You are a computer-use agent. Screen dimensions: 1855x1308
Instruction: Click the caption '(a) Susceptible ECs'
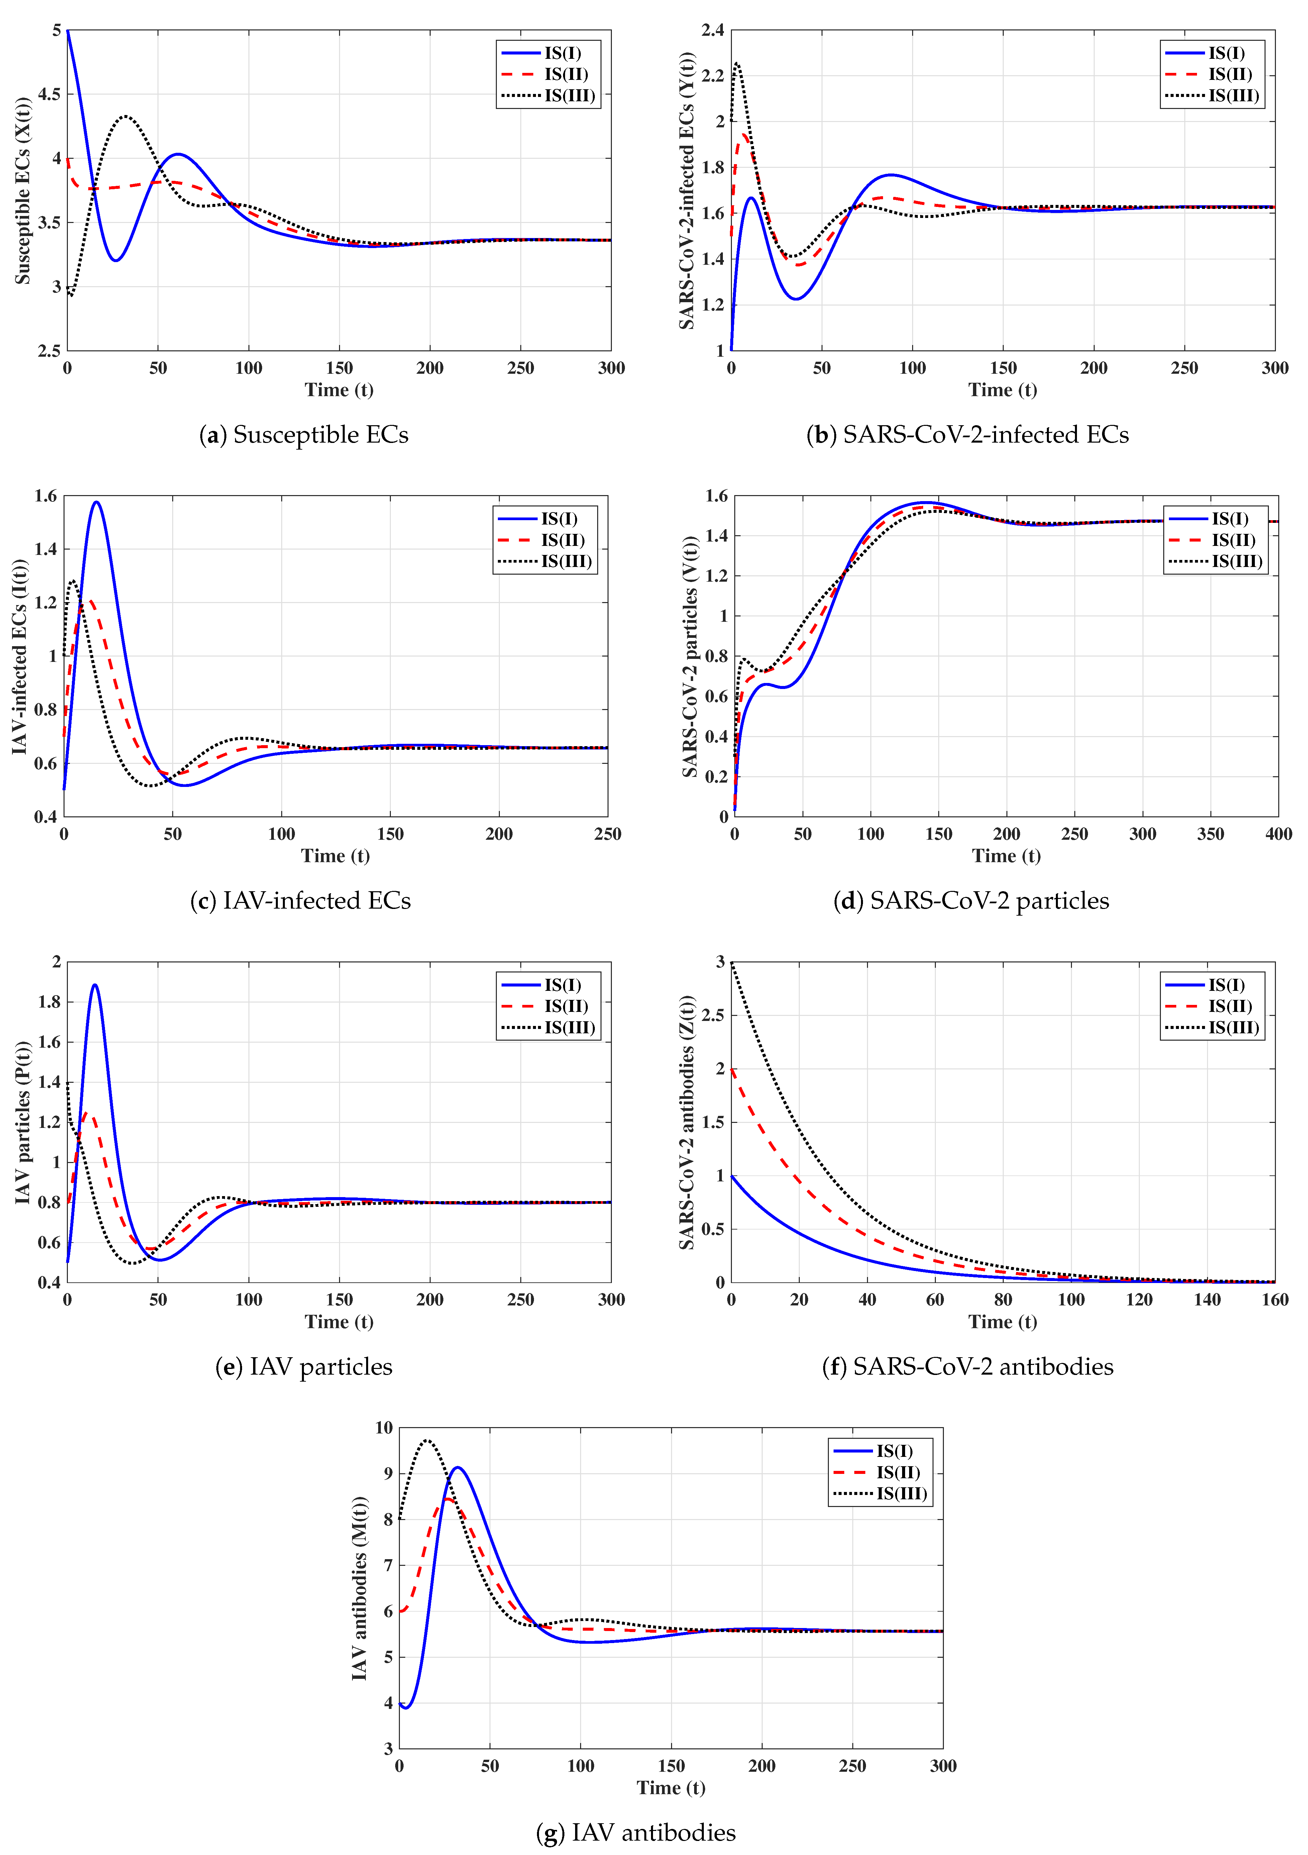(304, 435)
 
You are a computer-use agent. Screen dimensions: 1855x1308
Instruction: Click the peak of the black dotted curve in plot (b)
(737, 63)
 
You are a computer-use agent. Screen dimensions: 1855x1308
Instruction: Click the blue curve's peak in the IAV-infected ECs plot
(97, 502)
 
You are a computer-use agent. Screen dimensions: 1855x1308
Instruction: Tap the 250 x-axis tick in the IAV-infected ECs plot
(608, 834)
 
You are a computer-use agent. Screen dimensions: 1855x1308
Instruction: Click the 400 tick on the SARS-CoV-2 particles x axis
(1278, 834)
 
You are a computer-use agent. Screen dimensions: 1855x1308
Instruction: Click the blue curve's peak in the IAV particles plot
(95, 985)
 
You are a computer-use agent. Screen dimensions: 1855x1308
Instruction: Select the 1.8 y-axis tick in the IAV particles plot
(49, 1002)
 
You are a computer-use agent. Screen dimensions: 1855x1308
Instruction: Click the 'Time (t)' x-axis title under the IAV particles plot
(338, 1322)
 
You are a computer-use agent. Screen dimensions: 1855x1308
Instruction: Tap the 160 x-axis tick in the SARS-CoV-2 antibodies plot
(1275, 1300)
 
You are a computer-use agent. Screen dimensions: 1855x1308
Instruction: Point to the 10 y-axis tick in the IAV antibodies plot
(384, 1428)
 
